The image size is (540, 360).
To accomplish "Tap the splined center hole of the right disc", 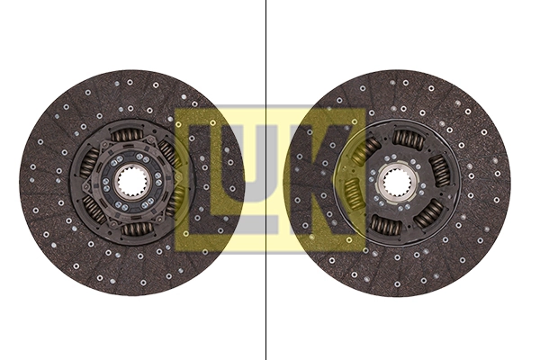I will (x=397, y=183).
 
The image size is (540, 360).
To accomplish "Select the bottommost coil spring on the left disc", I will (x=136, y=229).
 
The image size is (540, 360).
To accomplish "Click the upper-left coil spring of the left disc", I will (x=90, y=162).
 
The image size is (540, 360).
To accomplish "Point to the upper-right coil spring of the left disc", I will (x=168, y=152).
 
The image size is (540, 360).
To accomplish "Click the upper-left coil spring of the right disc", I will (x=369, y=148).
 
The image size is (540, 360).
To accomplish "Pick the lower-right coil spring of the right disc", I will (x=429, y=212).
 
